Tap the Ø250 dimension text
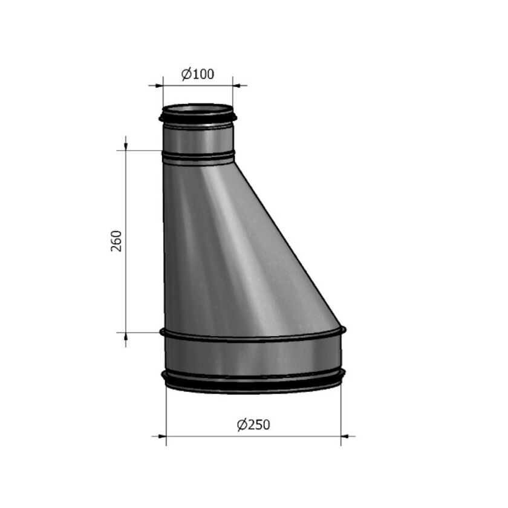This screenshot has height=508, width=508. [253, 425]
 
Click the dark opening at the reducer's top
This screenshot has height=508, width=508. [198, 109]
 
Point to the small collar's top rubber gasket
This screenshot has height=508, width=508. [198, 117]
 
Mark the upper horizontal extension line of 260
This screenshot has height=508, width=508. [142, 150]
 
